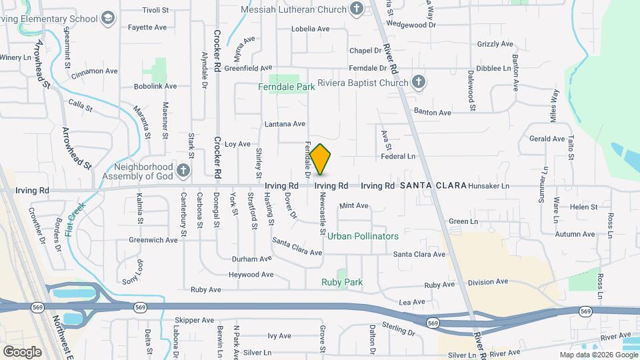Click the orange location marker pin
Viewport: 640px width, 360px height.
(x=321, y=159)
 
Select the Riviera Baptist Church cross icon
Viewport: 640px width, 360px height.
(x=418, y=83)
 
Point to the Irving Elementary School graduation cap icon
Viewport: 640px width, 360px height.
(x=107, y=19)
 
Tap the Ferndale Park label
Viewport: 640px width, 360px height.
(x=287, y=87)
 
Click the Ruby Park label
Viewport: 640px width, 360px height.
(x=342, y=282)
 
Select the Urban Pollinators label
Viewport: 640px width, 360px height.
(x=363, y=236)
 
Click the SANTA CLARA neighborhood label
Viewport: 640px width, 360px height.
(x=433, y=185)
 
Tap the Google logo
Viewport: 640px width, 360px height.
(x=22, y=351)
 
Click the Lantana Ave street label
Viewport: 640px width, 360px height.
(x=285, y=124)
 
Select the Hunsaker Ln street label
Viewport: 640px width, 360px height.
(x=489, y=186)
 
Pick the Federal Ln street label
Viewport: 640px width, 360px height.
(x=398, y=157)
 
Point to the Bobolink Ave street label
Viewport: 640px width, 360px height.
(x=155, y=86)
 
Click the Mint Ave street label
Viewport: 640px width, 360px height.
(x=354, y=206)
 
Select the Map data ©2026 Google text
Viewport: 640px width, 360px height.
(x=597, y=355)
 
